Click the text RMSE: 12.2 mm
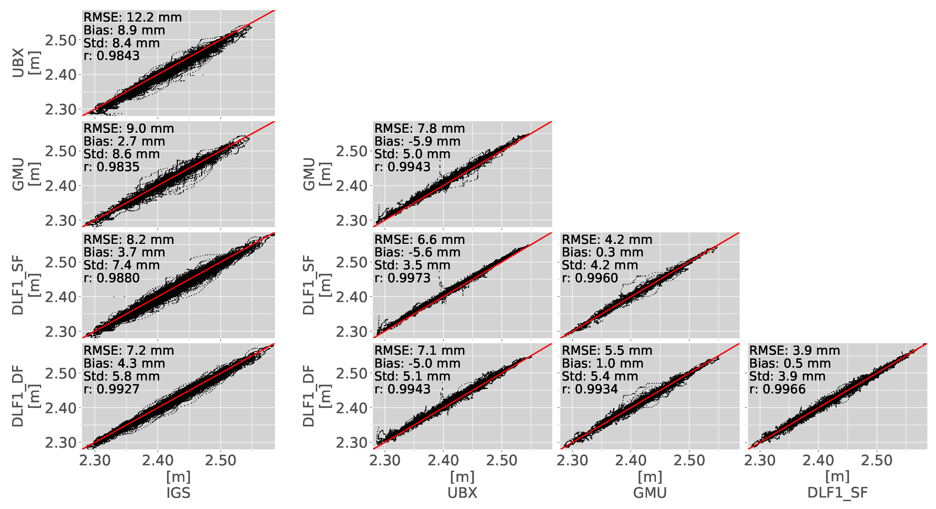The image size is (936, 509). click(132, 17)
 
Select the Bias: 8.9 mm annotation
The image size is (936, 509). click(124, 30)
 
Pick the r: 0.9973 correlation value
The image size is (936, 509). click(402, 278)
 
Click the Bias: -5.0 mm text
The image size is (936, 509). click(417, 364)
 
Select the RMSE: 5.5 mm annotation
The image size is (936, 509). click(607, 351)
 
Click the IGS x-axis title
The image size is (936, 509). click(178, 493)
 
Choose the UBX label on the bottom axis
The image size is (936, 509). click(462, 493)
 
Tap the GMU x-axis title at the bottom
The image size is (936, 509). click(650, 493)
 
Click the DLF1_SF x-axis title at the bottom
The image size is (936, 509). click(837, 493)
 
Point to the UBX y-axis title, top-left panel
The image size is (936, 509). click(18, 62)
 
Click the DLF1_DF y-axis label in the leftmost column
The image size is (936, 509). click(18, 396)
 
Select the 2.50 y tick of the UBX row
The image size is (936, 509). click(61, 40)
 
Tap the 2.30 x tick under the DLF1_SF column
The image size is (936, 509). click(760, 461)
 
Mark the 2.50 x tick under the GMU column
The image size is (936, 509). click(689, 461)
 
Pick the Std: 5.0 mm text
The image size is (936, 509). click(412, 154)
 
